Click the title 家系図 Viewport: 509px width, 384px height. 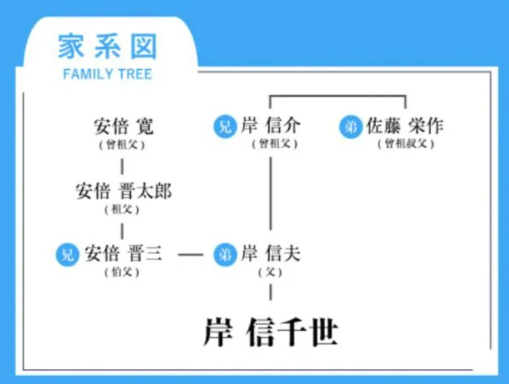point(107,47)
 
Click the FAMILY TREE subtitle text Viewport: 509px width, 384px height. point(107,74)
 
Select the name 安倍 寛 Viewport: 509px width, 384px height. point(123,126)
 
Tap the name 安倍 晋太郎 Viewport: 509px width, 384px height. point(123,192)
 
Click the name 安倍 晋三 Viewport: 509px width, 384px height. point(123,254)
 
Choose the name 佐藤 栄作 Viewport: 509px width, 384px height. point(404,126)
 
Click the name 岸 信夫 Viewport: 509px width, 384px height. point(270,254)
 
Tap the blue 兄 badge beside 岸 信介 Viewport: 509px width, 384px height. point(225,126)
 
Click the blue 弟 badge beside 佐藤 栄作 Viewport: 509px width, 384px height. point(351,126)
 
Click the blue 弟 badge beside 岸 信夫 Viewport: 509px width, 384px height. point(225,254)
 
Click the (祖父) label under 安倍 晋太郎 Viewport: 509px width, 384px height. point(122,210)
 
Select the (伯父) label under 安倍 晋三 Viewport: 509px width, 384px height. point(122,272)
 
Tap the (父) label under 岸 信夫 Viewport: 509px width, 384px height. point(270,272)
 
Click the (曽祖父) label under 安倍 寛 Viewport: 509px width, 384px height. point(122,144)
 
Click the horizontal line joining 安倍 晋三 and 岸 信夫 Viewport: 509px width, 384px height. point(191,254)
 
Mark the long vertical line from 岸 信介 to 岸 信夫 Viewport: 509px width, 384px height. point(270,198)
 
